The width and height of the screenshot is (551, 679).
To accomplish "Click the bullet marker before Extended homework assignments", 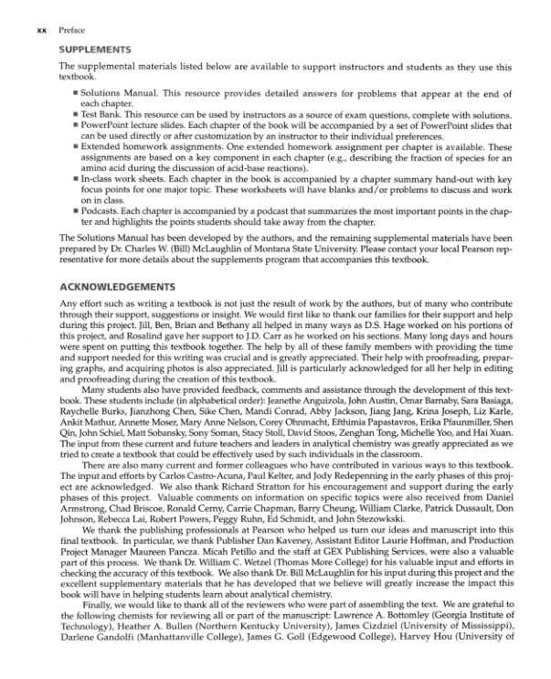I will [76, 145].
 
